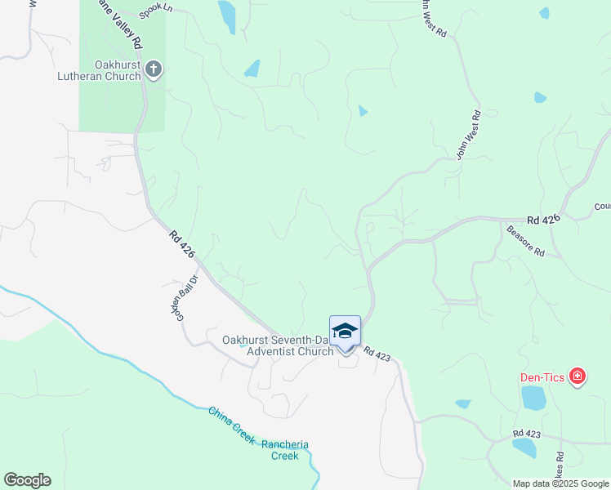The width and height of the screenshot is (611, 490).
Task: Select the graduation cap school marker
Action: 345,331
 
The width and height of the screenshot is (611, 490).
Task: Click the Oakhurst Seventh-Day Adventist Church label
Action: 279,345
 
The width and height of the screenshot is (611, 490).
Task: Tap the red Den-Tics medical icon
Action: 578,376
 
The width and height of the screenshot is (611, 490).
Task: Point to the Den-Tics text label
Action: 543,377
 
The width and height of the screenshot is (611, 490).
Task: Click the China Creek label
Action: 231,425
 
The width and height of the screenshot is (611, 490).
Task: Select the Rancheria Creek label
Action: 285,450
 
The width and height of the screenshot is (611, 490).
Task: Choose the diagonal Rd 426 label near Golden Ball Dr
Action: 182,243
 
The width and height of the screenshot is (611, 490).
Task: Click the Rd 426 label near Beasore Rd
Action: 544,220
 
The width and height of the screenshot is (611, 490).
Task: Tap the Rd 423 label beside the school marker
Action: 378,354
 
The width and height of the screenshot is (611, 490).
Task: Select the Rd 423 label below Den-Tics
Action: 528,434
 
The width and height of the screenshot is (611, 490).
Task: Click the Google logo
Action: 27,480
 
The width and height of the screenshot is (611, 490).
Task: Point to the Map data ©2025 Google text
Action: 560,483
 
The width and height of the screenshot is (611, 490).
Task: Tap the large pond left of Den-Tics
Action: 533,398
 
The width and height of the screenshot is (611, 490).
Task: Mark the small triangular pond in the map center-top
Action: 363,111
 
